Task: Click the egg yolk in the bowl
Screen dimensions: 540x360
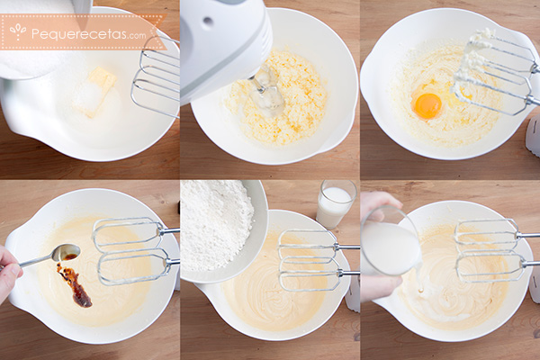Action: pos(427,105)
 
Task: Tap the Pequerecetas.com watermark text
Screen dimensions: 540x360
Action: pos(89,33)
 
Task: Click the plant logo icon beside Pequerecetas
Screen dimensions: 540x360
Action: pos(18,32)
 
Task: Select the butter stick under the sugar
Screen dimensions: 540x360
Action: pos(98,90)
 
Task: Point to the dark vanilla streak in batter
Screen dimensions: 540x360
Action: pos(75,285)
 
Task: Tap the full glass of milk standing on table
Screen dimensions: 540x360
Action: pos(335,204)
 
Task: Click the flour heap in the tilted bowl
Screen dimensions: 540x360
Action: pos(216,225)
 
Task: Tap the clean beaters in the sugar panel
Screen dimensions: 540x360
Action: pos(156,77)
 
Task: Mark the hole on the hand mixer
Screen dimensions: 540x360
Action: pos(208,21)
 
